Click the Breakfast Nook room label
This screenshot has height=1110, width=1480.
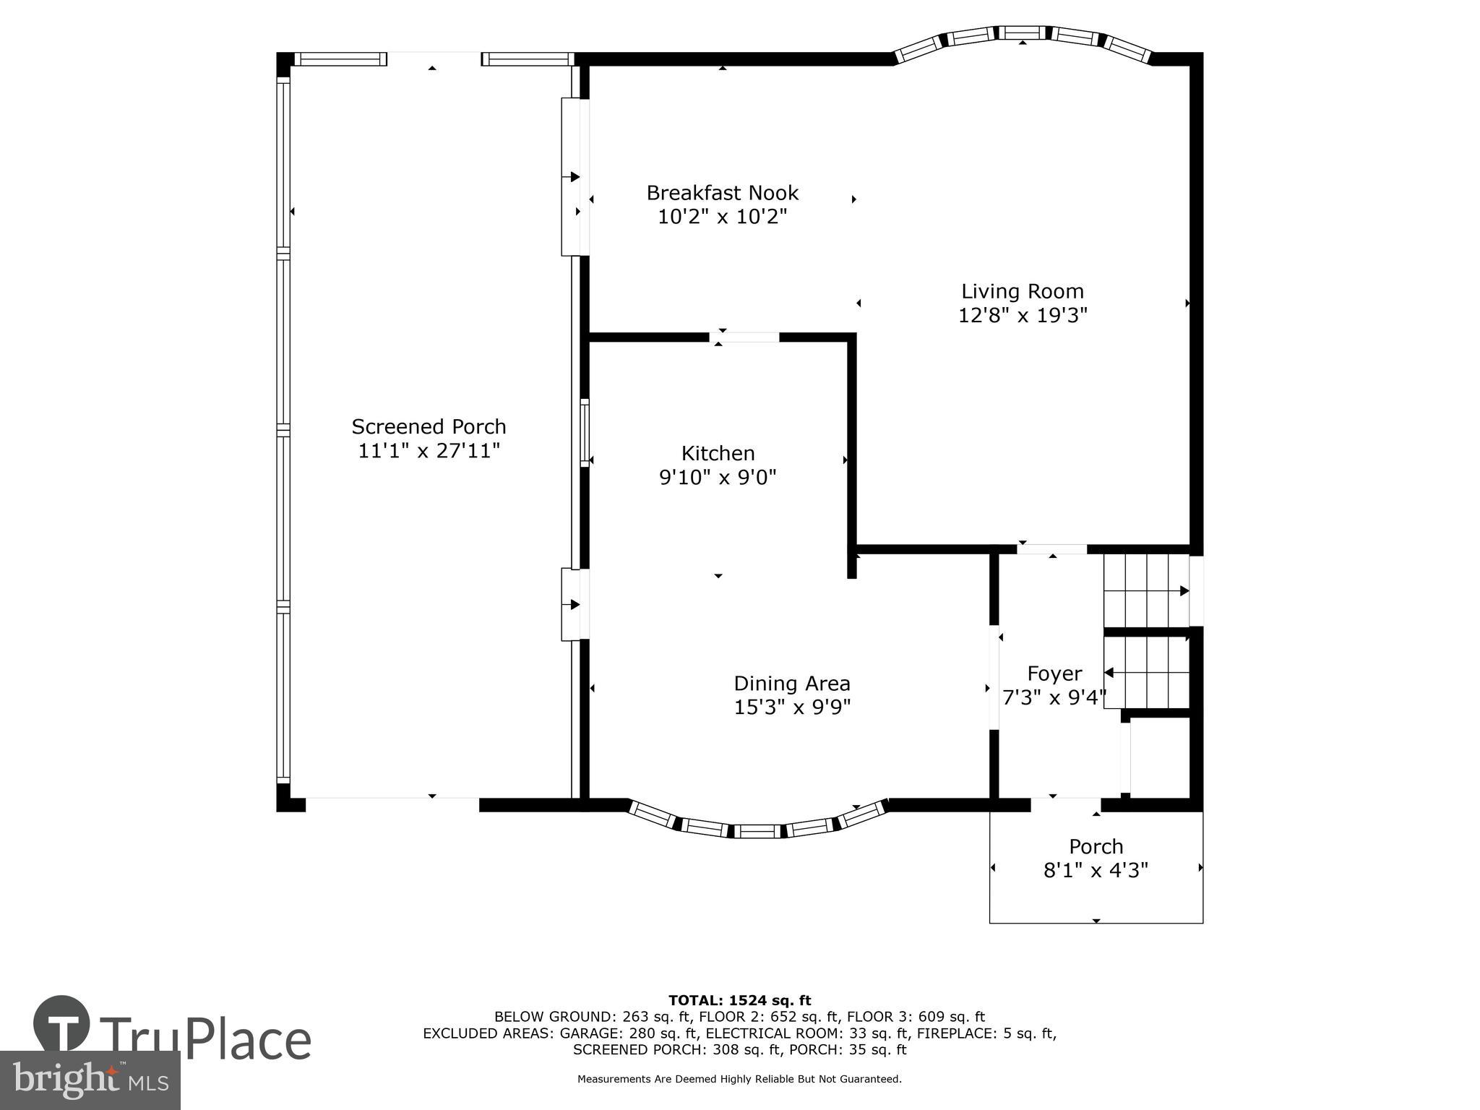[722, 193]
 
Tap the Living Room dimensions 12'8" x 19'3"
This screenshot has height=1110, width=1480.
[1022, 316]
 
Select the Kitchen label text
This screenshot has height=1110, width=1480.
[718, 453]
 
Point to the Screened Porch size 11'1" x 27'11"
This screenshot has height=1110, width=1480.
[429, 451]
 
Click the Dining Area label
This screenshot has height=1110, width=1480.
[792, 684]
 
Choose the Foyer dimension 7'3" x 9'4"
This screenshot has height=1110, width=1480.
[1054, 698]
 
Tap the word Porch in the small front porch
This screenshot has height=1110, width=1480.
[1096, 846]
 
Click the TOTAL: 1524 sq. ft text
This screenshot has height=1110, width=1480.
[739, 1001]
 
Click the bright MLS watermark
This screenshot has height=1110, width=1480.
[90, 1080]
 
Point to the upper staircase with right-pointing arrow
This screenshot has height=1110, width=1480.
[1146, 590]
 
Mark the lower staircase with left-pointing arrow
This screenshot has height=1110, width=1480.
[1146, 674]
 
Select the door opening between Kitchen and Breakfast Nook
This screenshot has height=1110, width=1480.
[744, 337]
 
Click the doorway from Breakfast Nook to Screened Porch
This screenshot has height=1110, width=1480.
[575, 177]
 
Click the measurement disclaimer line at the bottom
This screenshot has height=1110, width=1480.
[739, 1080]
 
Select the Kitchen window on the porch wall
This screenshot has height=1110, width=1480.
[585, 432]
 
